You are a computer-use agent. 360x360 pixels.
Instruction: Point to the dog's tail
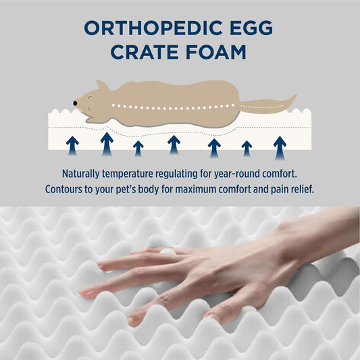click(270, 104)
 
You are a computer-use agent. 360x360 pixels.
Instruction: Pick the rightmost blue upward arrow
click(279, 145)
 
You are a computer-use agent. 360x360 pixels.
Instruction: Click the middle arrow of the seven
click(174, 144)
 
